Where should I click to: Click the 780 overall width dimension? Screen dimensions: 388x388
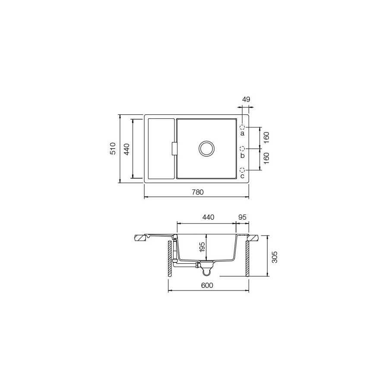point(197,192)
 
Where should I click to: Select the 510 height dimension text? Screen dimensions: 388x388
point(113,148)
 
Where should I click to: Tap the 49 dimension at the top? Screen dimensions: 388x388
point(246,100)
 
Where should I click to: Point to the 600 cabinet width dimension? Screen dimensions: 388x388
point(207,285)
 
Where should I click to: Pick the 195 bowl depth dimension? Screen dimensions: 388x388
point(202,248)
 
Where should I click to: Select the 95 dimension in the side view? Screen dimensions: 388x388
point(242,218)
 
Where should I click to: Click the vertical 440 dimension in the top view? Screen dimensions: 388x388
point(126,148)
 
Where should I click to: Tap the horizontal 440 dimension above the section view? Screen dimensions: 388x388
point(208,218)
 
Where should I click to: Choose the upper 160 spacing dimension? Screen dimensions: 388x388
point(266,138)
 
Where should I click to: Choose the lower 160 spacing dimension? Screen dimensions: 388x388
point(266,158)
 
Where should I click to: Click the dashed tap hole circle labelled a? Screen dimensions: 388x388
point(243,127)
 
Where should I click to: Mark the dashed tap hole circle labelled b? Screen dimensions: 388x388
point(243,148)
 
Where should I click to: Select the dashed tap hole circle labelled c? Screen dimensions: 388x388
point(243,170)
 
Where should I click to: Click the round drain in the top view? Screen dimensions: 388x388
point(206,148)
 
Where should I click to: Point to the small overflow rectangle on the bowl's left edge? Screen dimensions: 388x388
point(174,148)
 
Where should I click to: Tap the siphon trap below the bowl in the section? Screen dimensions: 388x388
point(207,270)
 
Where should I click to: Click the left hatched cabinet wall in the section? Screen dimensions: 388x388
point(170,259)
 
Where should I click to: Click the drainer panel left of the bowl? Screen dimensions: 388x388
point(161,148)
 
